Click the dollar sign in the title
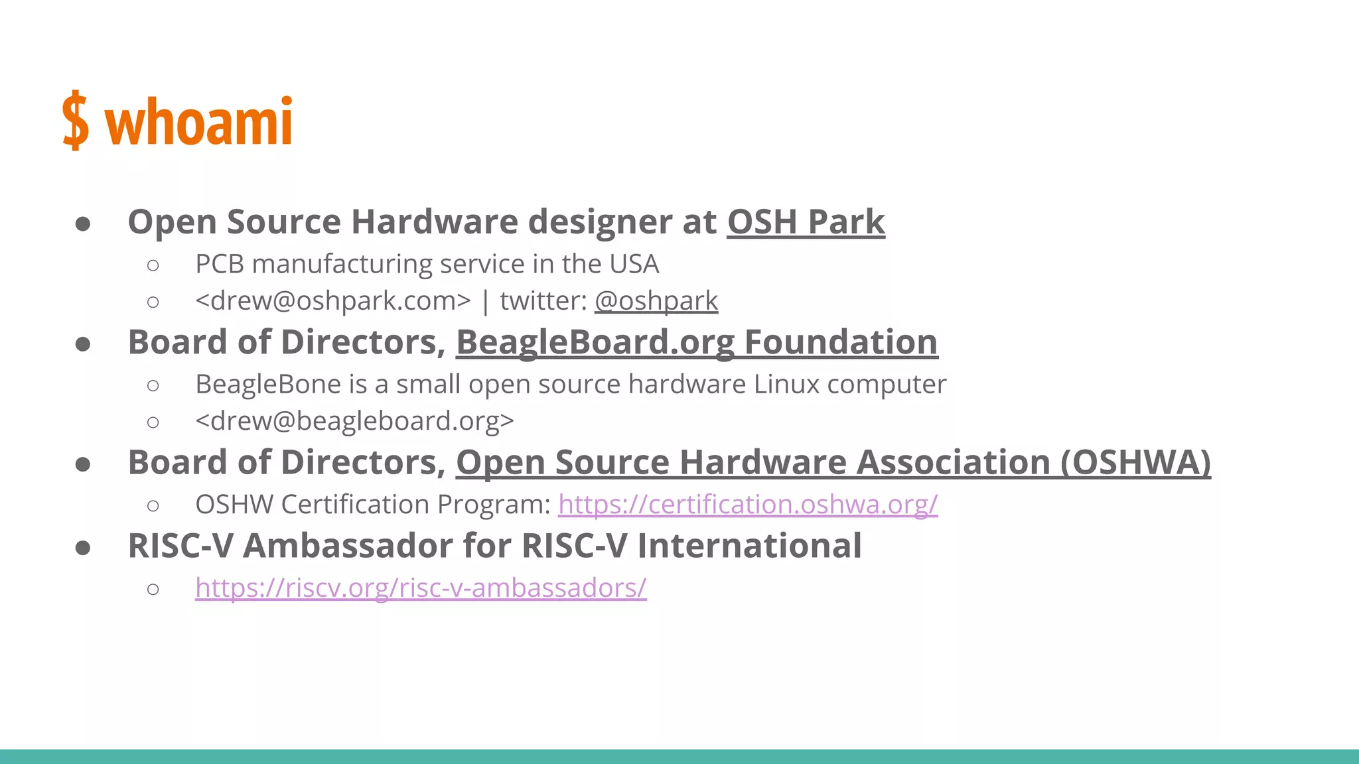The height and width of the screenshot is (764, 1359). click(x=76, y=121)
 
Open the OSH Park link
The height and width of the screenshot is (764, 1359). click(x=806, y=222)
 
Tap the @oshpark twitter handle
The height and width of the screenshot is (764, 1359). click(x=656, y=301)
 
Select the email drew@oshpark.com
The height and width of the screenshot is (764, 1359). click(x=332, y=301)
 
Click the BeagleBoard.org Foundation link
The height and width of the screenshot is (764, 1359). click(x=697, y=343)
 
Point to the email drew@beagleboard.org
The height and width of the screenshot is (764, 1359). click(x=354, y=421)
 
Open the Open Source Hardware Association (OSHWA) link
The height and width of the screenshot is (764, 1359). click(x=833, y=463)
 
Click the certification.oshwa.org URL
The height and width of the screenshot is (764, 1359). click(x=748, y=505)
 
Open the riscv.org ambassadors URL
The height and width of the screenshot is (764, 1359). click(x=421, y=588)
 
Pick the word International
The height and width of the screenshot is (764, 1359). click(x=749, y=546)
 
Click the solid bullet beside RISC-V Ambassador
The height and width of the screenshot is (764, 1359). click(x=83, y=548)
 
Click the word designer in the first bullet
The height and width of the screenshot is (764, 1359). click(x=600, y=222)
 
